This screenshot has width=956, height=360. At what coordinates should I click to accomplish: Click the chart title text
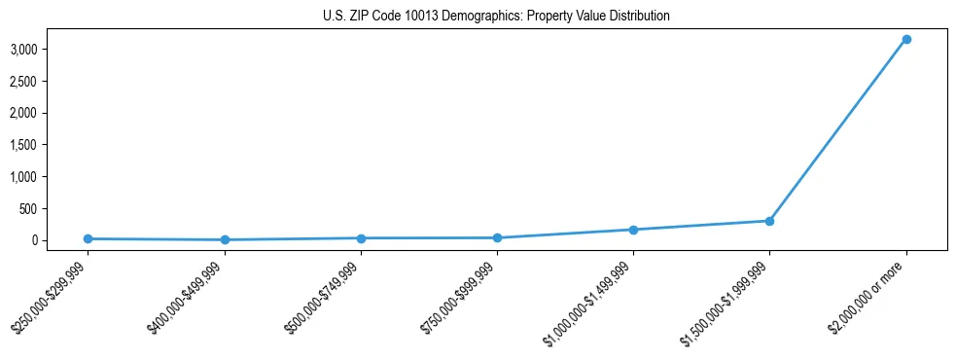click(x=496, y=16)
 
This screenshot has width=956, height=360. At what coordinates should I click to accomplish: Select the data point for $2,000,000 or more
click(x=906, y=39)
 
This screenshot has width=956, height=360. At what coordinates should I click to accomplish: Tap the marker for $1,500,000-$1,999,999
click(x=769, y=221)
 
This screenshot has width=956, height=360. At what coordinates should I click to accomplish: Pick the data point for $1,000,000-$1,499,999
click(x=633, y=230)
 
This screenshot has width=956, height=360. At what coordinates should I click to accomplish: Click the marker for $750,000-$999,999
click(x=497, y=237)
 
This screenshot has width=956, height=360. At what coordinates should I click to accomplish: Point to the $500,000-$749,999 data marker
click(x=361, y=237)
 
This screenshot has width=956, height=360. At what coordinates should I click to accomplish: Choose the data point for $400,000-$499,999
click(x=225, y=239)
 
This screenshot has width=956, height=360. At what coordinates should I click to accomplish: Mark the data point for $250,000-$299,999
click(x=88, y=238)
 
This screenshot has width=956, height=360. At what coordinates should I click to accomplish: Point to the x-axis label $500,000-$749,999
click(x=323, y=297)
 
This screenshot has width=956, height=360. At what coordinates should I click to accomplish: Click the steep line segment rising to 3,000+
click(x=838, y=129)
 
